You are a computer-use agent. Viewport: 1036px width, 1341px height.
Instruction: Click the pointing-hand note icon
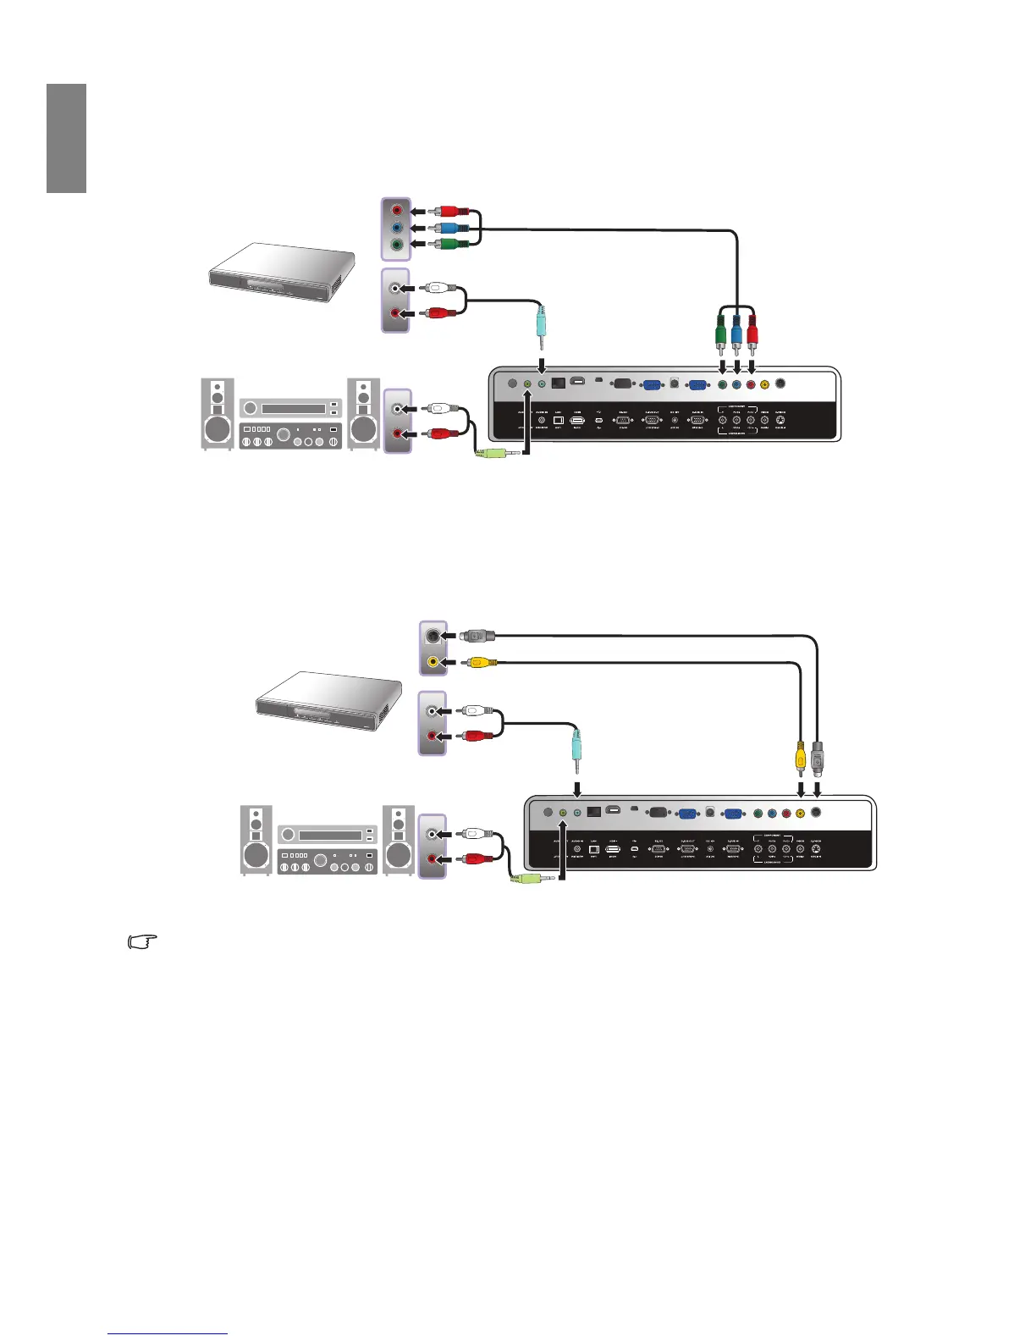tap(143, 941)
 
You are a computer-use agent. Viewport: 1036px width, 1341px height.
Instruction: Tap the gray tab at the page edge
tap(66, 138)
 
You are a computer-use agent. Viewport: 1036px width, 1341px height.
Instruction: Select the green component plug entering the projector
tap(721, 332)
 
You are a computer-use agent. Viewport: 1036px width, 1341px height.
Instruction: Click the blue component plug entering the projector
tap(736, 332)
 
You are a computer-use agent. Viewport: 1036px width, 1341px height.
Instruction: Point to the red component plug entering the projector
tap(752, 332)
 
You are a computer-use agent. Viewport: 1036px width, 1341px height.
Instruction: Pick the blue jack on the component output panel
tap(396, 228)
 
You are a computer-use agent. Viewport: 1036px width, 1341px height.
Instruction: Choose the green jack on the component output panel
tap(396, 246)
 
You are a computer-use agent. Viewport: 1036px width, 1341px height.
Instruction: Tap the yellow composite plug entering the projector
tap(801, 755)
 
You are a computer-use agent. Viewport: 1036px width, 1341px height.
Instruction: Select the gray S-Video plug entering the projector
tap(817, 757)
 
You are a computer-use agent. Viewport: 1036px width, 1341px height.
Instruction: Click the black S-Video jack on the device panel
tap(433, 636)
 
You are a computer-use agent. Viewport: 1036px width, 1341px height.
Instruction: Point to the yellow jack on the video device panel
tap(433, 662)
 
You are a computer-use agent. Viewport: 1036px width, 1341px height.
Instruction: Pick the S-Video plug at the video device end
tap(478, 635)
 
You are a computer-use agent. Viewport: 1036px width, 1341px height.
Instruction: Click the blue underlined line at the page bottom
tap(168, 1334)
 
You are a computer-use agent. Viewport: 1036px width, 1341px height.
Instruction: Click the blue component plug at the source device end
tap(448, 228)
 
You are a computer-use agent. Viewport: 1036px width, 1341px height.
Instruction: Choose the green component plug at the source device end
tap(448, 246)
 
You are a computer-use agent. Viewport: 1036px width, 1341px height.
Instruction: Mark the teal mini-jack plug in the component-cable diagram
tap(541, 326)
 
